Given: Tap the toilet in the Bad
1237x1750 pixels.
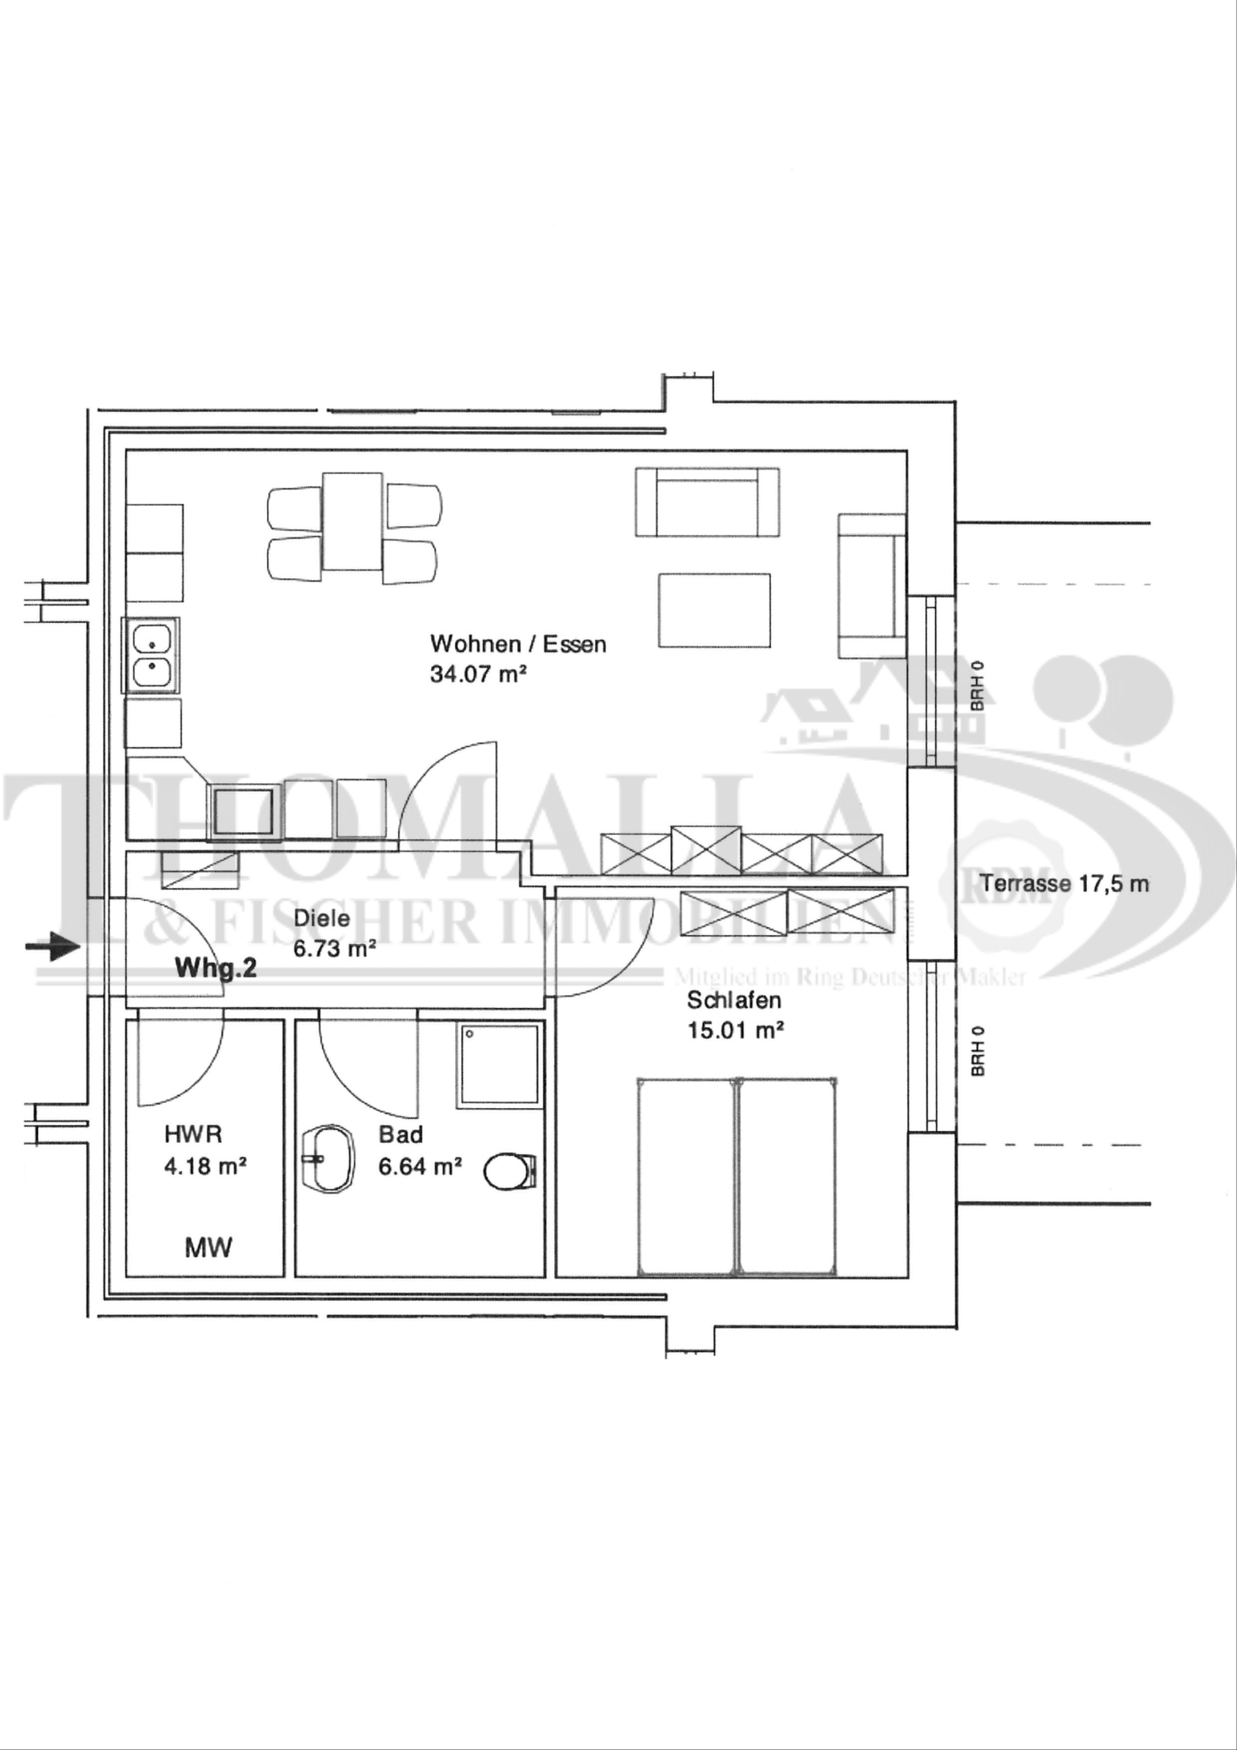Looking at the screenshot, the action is pyautogui.click(x=511, y=1170).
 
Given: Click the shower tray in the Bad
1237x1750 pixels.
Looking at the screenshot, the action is pyautogui.click(x=499, y=1066).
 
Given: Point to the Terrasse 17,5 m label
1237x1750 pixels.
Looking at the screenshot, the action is pyautogui.click(x=1064, y=883).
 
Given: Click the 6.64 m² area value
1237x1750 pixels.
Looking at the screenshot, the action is pyautogui.click(x=420, y=1166).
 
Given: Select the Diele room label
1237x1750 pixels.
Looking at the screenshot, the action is pyautogui.click(x=322, y=918).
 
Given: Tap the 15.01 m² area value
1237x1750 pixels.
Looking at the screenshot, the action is pyautogui.click(x=736, y=1031).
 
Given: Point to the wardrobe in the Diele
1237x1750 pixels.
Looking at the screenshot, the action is pyautogui.click(x=200, y=870).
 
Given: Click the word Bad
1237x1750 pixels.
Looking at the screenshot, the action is pyautogui.click(x=400, y=1135).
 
